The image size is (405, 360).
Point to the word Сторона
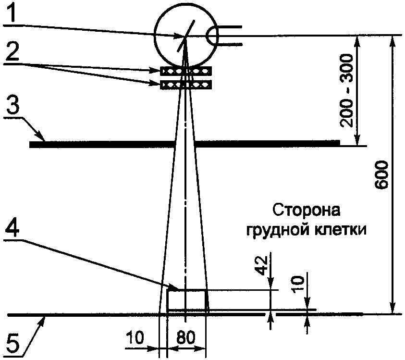click(300, 211)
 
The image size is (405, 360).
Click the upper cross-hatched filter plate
click(186, 71)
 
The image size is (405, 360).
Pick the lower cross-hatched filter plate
click(186, 85)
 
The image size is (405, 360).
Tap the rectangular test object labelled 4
click(187, 300)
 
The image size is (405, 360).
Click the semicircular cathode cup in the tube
click(211, 36)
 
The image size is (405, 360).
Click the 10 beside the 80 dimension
click(136, 338)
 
